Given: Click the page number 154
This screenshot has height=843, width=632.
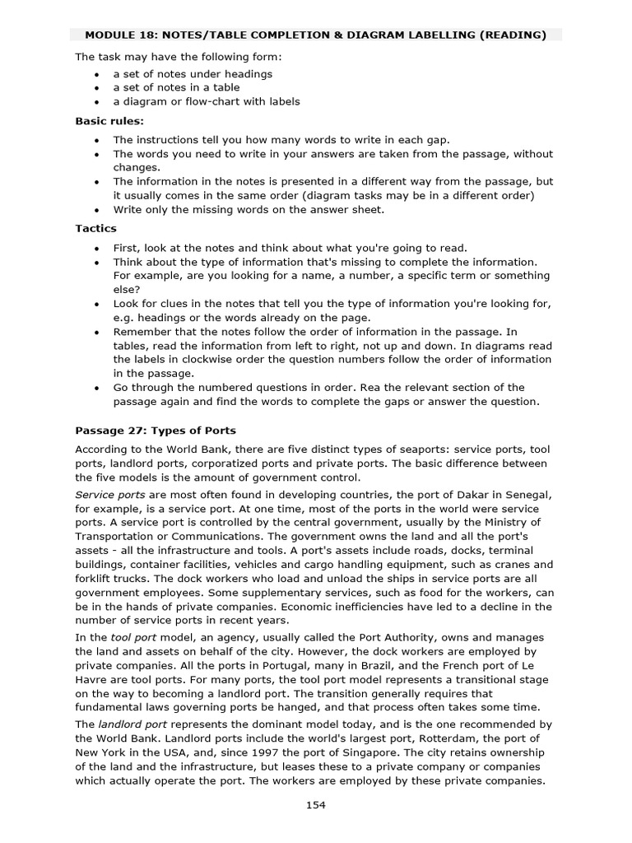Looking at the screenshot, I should (315, 805).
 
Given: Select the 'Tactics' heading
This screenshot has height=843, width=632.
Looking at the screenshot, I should (95, 228).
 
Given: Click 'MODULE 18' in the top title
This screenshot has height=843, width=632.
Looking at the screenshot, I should (119, 35).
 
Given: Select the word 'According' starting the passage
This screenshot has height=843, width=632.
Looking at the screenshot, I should (102, 449).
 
